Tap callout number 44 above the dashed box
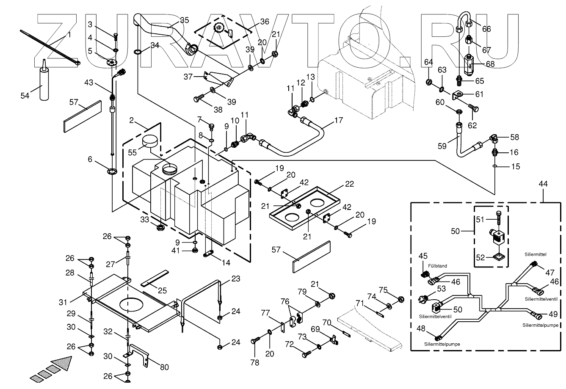coord(543,184)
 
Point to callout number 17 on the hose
coord(338,121)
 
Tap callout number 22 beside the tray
coord(349,184)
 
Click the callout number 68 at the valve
coord(490,64)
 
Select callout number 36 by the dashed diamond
coord(264,21)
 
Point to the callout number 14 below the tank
coord(226,262)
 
